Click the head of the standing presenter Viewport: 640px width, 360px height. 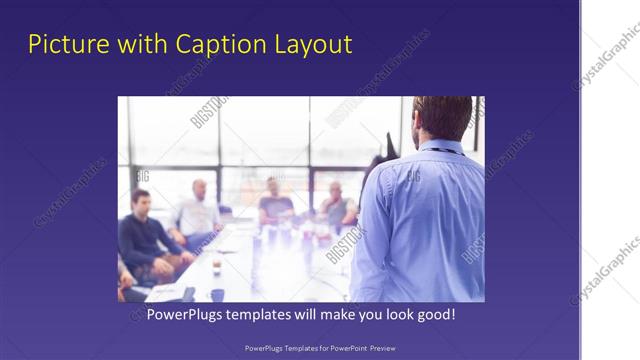pyautogui.click(x=442, y=118)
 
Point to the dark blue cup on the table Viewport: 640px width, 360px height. pyautogui.click(x=218, y=295)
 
